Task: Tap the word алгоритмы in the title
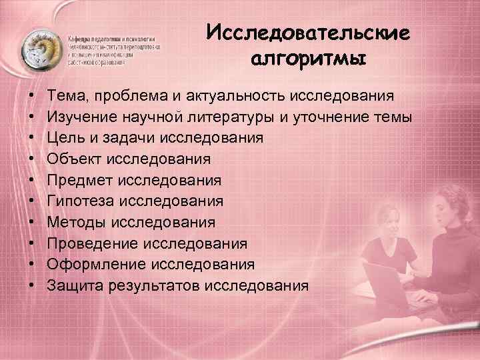click(x=309, y=61)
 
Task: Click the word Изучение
click(x=81, y=117)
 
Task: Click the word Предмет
click(x=79, y=181)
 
